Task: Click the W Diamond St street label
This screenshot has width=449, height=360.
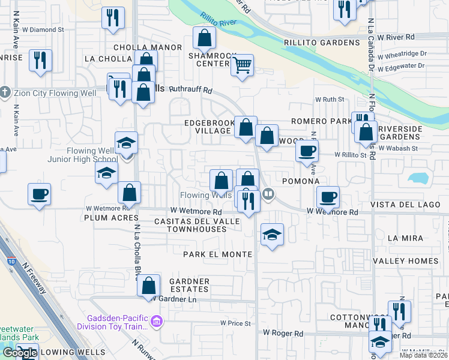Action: (x=44, y=29)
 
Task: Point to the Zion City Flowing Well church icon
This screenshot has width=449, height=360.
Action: (x=5, y=92)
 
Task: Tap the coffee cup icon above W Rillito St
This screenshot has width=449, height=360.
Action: (x=307, y=151)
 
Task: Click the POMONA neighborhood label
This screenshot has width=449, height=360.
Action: (x=296, y=181)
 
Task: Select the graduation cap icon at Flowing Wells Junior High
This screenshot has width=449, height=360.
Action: (x=127, y=143)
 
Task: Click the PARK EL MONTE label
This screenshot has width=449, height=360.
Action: (x=218, y=254)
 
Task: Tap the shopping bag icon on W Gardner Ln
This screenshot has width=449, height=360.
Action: (x=149, y=286)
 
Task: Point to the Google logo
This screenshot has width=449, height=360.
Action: (x=19, y=353)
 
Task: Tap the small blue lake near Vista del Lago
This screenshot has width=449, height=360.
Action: (x=418, y=178)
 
